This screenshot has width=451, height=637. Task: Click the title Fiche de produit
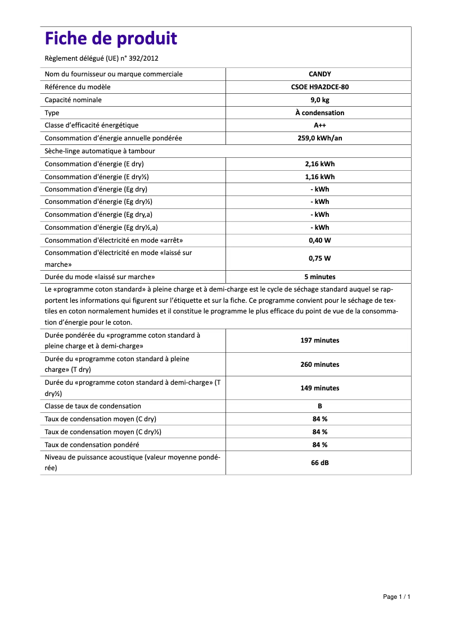coord(111,39)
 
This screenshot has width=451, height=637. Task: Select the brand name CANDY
coord(319,74)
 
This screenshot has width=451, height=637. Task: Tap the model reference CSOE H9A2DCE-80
coord(319,87)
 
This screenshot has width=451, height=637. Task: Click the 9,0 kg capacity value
coord(319,100)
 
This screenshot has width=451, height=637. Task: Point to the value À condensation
coord(319,113)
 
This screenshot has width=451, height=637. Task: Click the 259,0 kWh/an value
coord(319,138)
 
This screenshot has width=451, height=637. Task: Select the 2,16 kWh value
coord(319,164)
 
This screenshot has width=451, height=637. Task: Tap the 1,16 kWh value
coord(319,177)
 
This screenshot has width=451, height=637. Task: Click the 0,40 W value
coord(319,240)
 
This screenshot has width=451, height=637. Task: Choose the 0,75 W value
coord(319,258)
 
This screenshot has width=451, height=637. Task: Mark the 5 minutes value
coord(319,277)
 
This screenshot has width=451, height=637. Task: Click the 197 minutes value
coord(319,340)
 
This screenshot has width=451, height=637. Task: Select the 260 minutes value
coord(319,365)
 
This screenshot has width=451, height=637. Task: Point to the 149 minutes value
coord(319,388)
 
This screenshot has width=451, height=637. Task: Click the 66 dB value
coord(319,463)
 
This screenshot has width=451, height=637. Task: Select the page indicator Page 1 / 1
coord(396,597)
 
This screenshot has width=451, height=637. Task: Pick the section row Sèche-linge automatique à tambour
coord(100,151)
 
